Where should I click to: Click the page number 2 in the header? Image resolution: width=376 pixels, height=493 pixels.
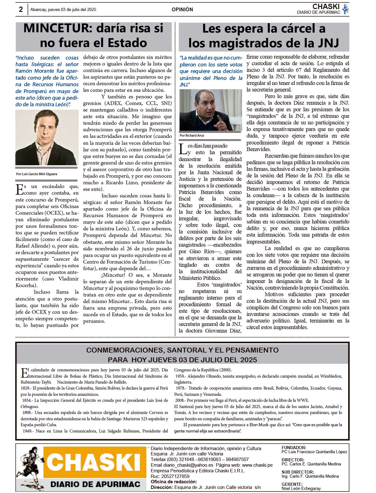(21, 9)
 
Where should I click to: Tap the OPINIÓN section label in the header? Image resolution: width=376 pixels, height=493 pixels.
(182, 10)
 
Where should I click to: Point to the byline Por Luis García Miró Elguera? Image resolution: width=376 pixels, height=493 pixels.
(36, 174)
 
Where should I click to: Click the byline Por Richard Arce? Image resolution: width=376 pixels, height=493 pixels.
(192, 135)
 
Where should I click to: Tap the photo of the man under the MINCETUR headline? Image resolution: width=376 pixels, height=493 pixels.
(47, 137)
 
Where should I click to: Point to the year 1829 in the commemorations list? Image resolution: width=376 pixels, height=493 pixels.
(27, 388)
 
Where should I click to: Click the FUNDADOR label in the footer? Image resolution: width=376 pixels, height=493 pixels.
(294, 448)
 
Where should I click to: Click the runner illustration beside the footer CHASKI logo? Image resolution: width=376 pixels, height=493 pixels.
(30, 467)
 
